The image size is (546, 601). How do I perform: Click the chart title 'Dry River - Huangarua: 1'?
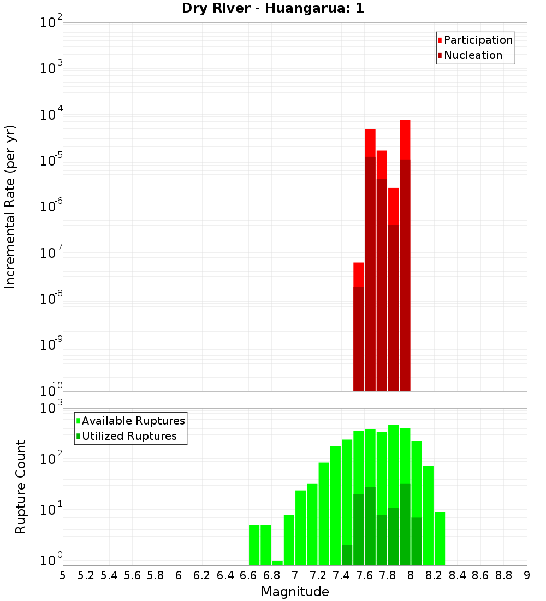(272, 8)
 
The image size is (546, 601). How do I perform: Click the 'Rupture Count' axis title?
(21, 487)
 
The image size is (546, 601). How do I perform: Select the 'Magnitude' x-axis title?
(295, 592)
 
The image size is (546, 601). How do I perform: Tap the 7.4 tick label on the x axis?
(341, 575)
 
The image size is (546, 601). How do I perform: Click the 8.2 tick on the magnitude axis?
(434, 575)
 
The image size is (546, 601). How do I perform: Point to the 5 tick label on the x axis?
(63, 575)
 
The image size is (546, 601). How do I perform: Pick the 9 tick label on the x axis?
(526, 575)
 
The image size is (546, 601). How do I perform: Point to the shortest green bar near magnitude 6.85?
(277, 563)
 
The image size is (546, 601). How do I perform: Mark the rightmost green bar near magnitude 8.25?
(440, 538)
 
